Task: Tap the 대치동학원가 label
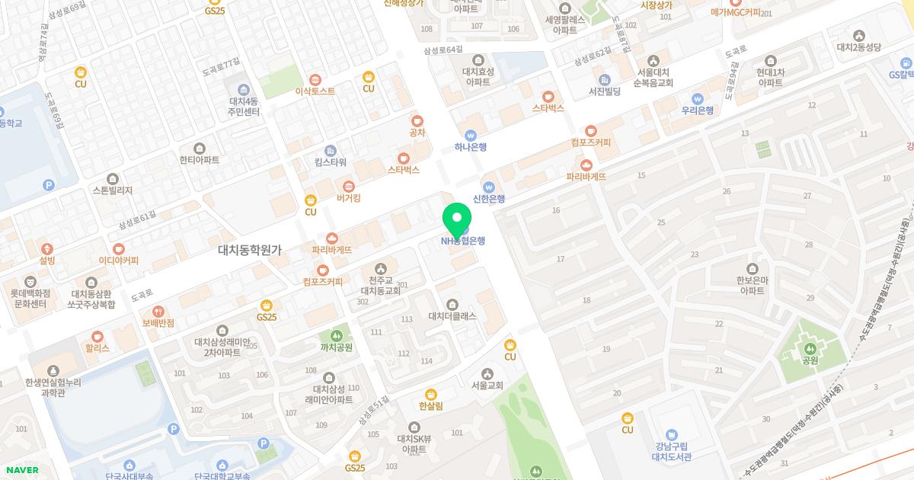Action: click(x=250, y=250)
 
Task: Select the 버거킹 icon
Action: click(x=349, y=185)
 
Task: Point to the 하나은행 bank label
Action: click(x=470, y=148)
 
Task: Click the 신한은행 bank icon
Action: click(x=489, y=187)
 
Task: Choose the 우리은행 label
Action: click(x=697, y=110)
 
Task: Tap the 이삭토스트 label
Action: click(x=315, y=91)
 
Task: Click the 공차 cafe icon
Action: click(x=417, y=120)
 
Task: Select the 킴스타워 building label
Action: click(x=331, y=162)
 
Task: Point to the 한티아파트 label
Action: click(x=200, y=161)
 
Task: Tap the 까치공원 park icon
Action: click(x=336, y=335)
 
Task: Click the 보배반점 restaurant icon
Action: click(x=158, y=311)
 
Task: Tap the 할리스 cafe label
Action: click(x=97, y=347)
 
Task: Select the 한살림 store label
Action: click(x=431, y=406)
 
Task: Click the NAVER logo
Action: click(x=21, y=470)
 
